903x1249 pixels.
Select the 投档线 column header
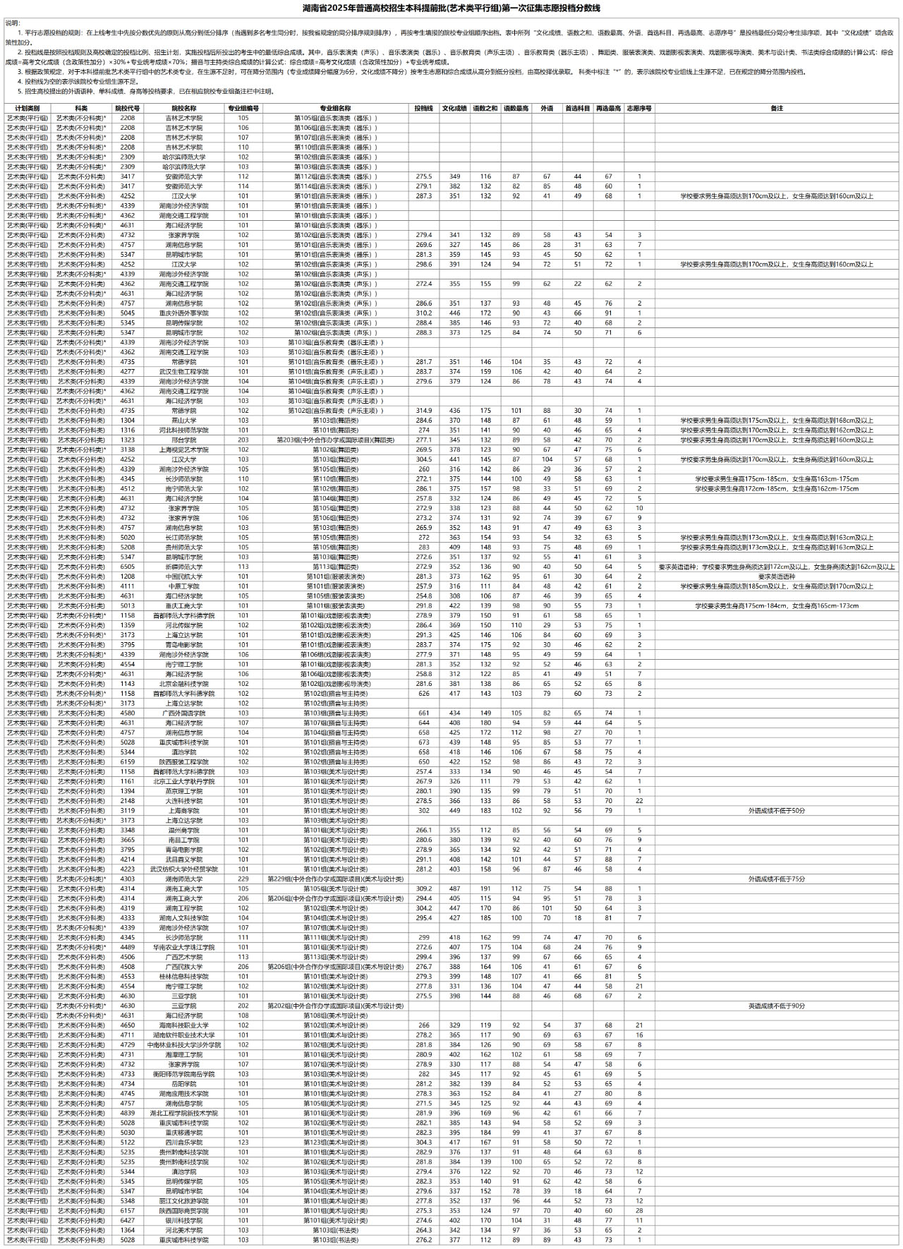click(423, 109)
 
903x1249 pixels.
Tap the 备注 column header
click(777, 109)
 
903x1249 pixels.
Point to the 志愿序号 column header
click(639, 109)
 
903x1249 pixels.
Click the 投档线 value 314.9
click(423, 411)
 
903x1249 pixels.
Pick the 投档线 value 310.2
click(423, 313)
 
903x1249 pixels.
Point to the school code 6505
click(127, 567)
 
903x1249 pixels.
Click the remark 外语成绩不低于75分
click(777, 879)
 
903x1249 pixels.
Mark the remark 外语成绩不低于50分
click(777, 811)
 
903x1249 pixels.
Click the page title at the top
click(451, 8)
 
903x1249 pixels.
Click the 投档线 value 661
click(423, 713)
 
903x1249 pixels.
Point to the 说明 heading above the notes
click(13, 23)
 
